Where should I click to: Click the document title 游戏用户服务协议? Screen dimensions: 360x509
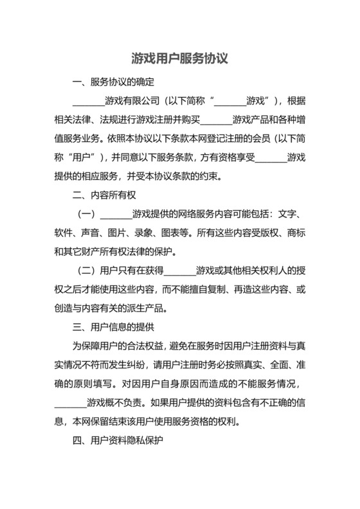(180, 58)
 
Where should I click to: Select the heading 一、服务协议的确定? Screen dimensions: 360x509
(113, 82)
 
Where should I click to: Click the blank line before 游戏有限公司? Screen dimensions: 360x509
(88, 101)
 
